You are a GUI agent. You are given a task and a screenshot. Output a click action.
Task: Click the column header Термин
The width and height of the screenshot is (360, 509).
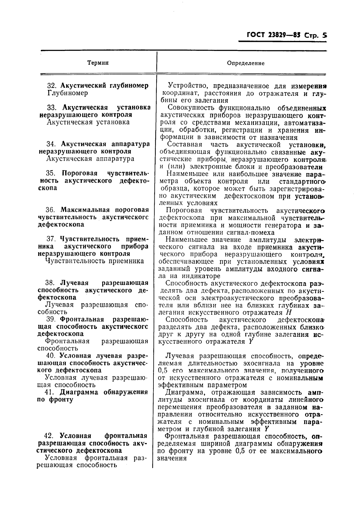[98, 63]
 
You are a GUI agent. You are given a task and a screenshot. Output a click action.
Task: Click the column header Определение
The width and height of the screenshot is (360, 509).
[246, 63]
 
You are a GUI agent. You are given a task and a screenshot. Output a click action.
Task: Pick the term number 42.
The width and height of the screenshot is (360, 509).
[49, 436]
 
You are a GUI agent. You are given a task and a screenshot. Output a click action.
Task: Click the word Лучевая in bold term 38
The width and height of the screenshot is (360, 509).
[74, 283]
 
